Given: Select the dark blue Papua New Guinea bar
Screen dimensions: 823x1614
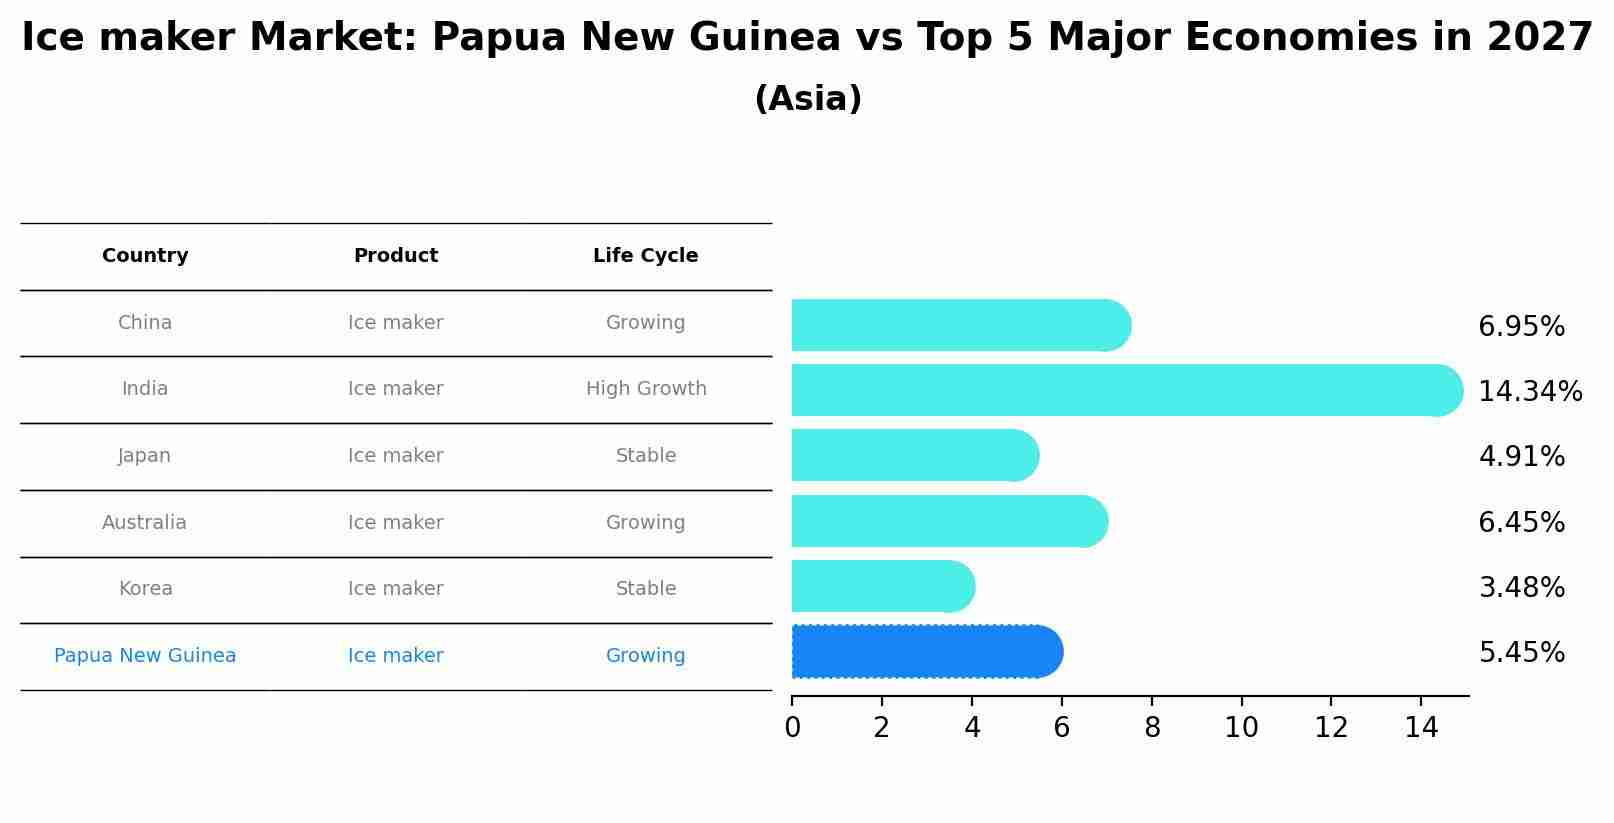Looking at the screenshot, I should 926,652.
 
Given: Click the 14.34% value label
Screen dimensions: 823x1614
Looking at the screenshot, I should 1529,392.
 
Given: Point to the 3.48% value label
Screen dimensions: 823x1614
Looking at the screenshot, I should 1521,588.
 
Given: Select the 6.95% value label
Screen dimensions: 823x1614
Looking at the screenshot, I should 1521,327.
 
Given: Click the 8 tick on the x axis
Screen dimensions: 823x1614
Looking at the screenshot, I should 1152,728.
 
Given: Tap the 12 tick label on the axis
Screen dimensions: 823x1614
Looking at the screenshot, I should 1331,728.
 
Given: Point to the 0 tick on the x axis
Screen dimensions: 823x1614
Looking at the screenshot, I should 792,728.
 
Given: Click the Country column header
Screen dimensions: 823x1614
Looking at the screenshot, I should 145,256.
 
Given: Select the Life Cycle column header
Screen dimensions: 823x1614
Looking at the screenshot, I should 645,256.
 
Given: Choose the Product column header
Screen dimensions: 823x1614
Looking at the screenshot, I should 396,256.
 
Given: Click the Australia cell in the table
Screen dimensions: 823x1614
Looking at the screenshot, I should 144,523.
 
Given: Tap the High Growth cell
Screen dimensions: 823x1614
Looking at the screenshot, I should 646,389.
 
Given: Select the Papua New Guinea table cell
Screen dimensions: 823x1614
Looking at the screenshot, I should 145,656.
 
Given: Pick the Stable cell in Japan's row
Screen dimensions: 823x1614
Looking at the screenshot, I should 646,456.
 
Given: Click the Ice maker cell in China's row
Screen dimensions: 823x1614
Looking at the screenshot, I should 396,323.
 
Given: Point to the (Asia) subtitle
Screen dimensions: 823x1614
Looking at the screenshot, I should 808,99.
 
